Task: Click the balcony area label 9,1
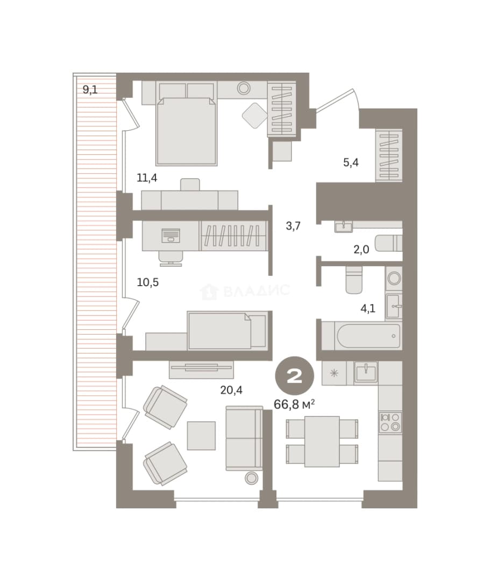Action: click(x=90, y=90)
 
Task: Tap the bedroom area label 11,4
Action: click(x=147, y=178)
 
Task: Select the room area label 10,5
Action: click(x=148, y=282)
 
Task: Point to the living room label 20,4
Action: click(x=231, y=390)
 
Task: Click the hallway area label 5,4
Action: click(x=351, y=162)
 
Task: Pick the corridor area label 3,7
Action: click(x=293, y=225)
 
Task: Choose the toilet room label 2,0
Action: click(x=361, y=250)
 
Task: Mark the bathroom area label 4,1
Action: click(x=368, y=308)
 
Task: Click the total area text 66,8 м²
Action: click(x=294, y=404)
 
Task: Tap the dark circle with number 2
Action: click(x=294, y=376)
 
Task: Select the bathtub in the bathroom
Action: click(x=368, y=336)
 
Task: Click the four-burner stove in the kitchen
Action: click(x=390, y=422)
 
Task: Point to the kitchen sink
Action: click(x=366, y=372)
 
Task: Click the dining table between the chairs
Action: click(x=322, y=441)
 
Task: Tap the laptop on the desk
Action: click(x=171, y=235)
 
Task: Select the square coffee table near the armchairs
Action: click(x=201, y=436)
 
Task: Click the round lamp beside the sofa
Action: click(x=252, y=478)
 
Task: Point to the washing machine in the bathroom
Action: click(x=393, y=278)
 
